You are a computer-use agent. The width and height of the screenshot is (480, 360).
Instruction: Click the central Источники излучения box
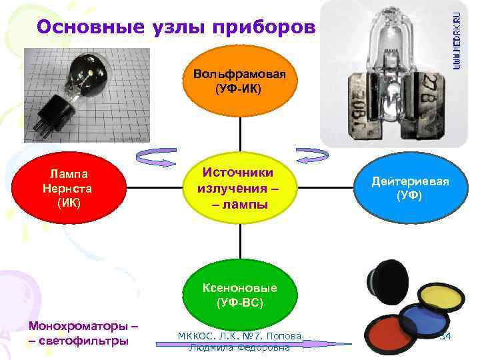[239, 188]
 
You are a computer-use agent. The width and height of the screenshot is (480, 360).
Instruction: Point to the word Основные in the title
[81, 27]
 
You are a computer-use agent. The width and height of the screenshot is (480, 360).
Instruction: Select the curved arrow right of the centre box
[311, 155]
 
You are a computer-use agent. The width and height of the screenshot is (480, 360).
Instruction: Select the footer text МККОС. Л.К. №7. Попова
[239, 335]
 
